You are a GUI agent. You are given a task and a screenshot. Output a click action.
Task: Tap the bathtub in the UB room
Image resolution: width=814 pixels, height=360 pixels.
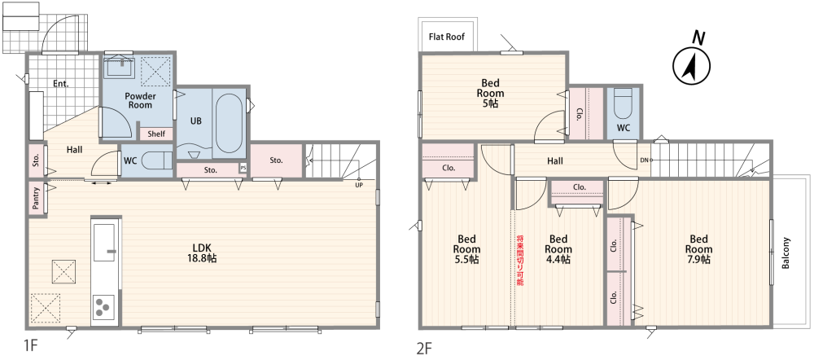point(229,123)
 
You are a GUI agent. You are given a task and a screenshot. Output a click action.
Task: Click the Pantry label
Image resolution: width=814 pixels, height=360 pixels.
point(36,198)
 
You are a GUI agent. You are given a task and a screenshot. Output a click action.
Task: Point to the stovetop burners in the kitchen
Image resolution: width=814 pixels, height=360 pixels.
point(103,306)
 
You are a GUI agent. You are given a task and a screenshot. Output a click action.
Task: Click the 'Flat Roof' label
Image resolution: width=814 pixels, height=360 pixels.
point(446,37)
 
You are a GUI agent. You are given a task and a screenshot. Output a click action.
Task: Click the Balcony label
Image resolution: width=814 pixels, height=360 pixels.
point(786,253)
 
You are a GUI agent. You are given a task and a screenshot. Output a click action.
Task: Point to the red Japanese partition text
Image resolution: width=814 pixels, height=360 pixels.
point(519,261)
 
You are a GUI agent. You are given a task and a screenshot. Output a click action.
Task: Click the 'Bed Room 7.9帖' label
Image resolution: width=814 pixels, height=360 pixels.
point(698,250)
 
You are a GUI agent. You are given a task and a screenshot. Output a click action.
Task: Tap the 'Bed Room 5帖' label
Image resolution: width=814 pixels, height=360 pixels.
point(491,93)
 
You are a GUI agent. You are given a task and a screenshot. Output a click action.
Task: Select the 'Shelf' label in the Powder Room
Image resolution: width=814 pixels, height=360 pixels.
point(156,134)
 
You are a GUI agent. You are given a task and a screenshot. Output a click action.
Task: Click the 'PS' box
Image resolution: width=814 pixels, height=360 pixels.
point(243,169)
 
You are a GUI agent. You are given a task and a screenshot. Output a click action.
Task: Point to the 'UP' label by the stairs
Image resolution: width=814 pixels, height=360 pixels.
point(359,184)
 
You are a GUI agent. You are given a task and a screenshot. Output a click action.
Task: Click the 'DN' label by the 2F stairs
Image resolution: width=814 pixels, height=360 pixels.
point(644,160)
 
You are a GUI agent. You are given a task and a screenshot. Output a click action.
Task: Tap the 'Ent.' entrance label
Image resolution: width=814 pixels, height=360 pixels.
point(61,83)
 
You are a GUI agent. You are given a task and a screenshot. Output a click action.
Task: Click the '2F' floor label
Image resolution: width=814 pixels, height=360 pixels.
point(425,346)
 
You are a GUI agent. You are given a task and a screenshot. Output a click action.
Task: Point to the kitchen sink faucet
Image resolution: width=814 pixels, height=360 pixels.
point(111,252)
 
